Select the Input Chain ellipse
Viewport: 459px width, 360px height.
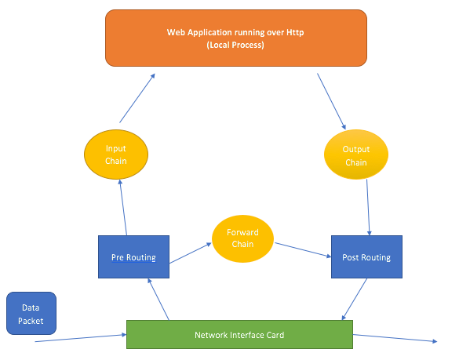click(116, 155)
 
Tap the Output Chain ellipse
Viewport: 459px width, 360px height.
click(356, 155)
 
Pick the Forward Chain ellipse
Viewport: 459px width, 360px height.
click(242, 238)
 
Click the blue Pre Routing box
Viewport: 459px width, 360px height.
click(133, 256)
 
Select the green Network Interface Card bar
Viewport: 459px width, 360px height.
click(239, 335)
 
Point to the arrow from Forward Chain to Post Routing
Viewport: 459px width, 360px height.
click(301, 249)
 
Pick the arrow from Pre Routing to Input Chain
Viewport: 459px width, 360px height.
click(122, 207)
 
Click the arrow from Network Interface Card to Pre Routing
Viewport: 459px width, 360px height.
click(158, 299)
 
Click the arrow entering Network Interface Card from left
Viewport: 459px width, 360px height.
click(78, 337)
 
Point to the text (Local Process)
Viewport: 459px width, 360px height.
click(235, 45)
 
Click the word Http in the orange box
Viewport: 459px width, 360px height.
click(294, 32)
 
